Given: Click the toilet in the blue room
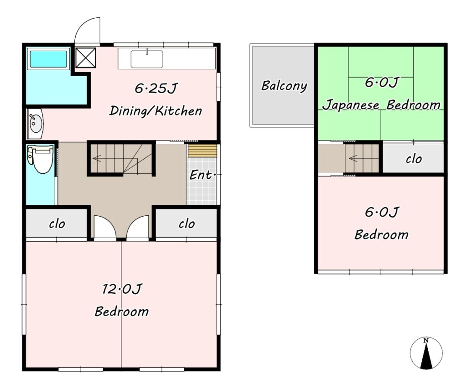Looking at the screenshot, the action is pyautogui.click(x=40, y=159).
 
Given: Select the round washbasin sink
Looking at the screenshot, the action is pyautogui.click(x=35, y=124).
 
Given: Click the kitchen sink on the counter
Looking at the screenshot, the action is pyautogui.click(x=146, y=59).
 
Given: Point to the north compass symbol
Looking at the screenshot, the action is pyautogui.click(x=426, y=353).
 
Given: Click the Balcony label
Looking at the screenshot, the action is pyautogui.click(x=284, y=86).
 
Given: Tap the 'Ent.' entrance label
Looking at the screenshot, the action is pyautogui.click(x=202, y=175).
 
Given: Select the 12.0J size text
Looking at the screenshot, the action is pyautogui.click(x=122, y=289).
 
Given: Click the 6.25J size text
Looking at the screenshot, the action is pyautogui.click(x=156, y=88).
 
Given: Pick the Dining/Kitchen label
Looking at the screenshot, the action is pyautogui.click(x=156, y=111).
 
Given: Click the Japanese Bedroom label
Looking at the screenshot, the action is pyautogui.click(x=382, y=105).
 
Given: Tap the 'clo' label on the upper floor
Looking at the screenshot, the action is pyautogui.click(x=414, y=159).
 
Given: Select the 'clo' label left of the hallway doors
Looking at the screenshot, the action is pyautogui.click(x=57, y=224).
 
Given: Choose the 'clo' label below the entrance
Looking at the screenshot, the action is pyautogui.click(x=187, y=224).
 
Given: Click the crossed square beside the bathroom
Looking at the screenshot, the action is pyautogui.click(x=85, y=58).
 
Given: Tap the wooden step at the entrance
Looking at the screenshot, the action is pyautogui.click(x=202, y=151).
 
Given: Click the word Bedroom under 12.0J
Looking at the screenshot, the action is pyautogui.click(x=122, y=312).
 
